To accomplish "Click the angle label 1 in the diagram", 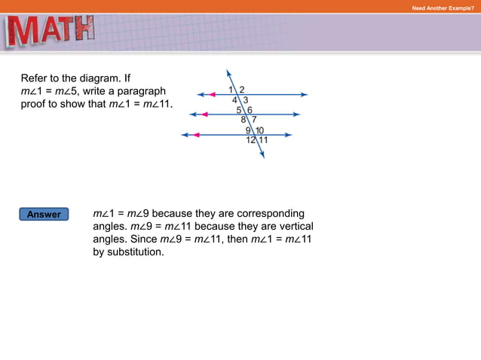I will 231,90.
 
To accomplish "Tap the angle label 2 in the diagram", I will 241,90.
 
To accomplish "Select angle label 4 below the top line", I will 234,99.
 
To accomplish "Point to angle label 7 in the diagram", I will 254,119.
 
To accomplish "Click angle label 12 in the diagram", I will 250,139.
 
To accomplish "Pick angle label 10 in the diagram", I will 259,130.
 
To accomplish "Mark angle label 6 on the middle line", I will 250,110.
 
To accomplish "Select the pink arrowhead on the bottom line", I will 196,135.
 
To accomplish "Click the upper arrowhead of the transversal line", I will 228,73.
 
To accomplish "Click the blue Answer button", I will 44,215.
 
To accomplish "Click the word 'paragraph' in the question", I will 142,90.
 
